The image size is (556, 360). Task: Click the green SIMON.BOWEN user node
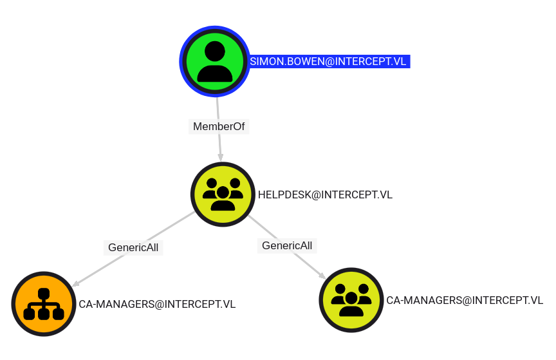click(x=214, y=61)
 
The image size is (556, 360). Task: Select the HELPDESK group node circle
click(x=223, y=194)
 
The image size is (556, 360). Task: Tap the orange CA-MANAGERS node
click(x=44, y=303)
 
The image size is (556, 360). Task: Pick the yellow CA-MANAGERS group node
click(x=351, y=300)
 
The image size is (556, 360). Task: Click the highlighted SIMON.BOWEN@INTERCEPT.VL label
click(x=328, y=61)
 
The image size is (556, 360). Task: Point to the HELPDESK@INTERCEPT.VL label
click(x=325, y=195)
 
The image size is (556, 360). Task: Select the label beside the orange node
click(x=157, y=304)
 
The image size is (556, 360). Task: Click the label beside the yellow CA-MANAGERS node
click(x=465, y=300)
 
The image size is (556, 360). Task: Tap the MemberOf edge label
click(x=219, y=126)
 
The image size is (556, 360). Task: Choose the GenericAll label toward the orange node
click(x=133, y=247)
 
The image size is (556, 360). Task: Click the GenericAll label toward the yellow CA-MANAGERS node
click(x=287, y=245)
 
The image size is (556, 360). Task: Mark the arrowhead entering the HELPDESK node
click(x=221, y=157)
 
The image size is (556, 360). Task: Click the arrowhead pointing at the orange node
click(x=75, y=283)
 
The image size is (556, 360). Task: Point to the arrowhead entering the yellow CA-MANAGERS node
click(x=322, y=275)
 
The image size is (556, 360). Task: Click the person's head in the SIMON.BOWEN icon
click(x=214, y=51)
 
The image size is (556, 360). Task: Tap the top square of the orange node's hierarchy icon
click(x=44, y=293)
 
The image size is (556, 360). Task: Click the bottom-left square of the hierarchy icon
click(x=29, y=314)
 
